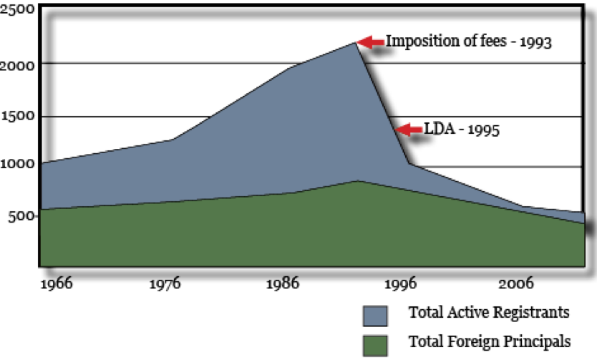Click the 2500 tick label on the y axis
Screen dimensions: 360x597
pos(18,9)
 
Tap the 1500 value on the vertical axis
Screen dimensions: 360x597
pos(18,116)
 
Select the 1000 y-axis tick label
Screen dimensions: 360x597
pos(18,165)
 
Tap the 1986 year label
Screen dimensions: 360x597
pos(281,283)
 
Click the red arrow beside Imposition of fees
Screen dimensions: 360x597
pos(370,42)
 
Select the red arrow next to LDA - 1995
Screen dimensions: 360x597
pos(409,130)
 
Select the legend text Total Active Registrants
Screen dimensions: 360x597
pos(489,313)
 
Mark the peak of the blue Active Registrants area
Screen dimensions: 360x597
pos(354,42)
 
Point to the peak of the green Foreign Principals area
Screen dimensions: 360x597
pos(356,181)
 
